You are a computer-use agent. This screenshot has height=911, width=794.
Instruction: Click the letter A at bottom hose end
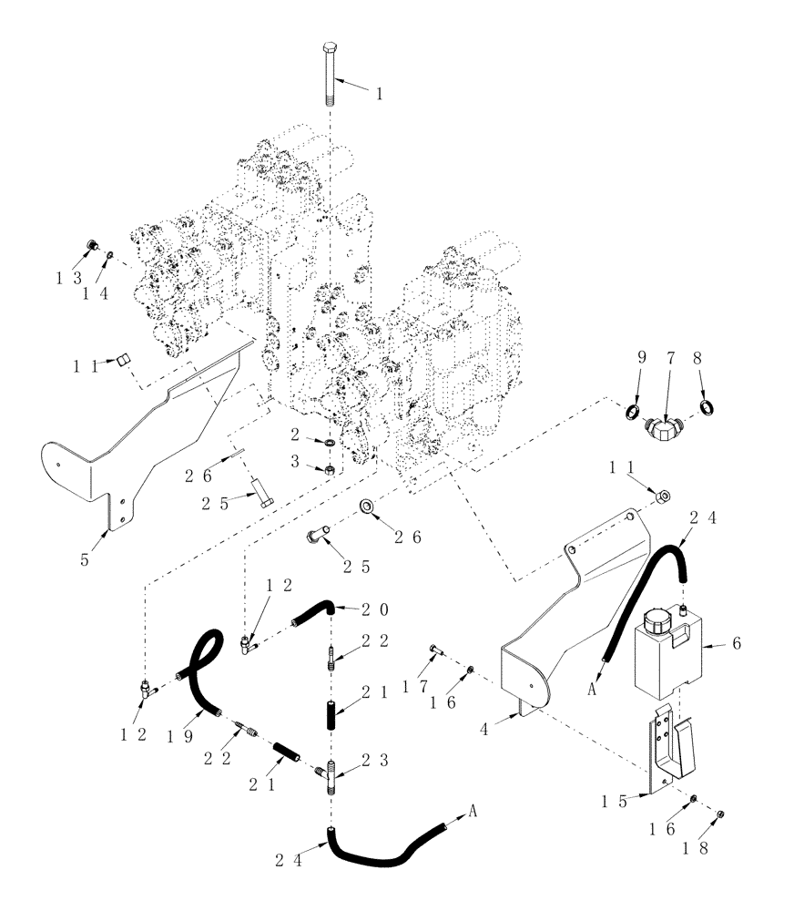474,809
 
